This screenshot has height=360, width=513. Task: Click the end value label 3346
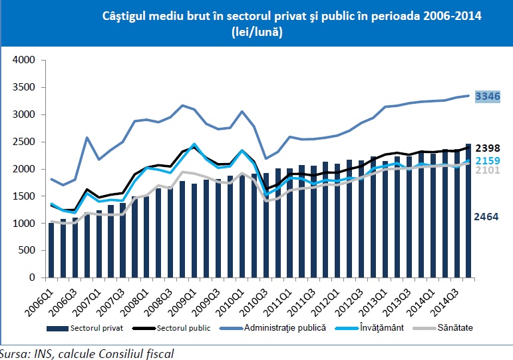[488, 96]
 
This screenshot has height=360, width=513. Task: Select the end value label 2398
[488, 148]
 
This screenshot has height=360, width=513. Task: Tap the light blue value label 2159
[488, 160]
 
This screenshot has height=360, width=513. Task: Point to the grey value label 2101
[488, 172]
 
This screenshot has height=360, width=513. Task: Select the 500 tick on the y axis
[27, 251]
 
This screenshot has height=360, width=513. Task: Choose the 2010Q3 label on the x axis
[277, 299]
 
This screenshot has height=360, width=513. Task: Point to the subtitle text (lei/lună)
[257, 32]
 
